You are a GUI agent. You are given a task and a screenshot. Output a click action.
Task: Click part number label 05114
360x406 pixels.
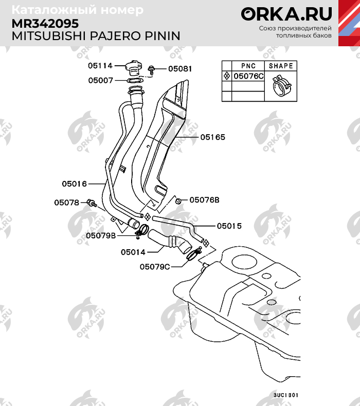tap(100, 66)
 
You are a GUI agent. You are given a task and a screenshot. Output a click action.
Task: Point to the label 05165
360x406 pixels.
tap(212, 137)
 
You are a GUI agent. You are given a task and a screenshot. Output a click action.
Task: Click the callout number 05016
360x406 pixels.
tap(75, 183)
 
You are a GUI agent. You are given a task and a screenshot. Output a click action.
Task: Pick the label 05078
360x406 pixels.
tap(66, 202)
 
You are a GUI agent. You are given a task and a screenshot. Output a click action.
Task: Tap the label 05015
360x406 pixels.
tap(229, 226)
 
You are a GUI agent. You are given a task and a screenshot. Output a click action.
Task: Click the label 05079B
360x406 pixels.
tap(100, 235)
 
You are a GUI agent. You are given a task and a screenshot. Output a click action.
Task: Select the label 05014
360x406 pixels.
tap(133, 252)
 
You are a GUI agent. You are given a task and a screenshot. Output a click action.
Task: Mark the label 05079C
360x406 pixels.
tap(155, 267)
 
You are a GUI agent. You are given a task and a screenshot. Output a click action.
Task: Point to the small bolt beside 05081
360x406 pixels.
tap(152, 69)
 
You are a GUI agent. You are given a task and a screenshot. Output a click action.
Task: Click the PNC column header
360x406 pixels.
tap(248, 66)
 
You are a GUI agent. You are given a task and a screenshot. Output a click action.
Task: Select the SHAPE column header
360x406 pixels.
tap(281, 66)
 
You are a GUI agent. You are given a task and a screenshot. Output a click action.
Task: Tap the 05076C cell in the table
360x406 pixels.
tap(248, 76)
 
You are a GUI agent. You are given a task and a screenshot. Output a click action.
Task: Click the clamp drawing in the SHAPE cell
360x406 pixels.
tap(280, 84)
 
